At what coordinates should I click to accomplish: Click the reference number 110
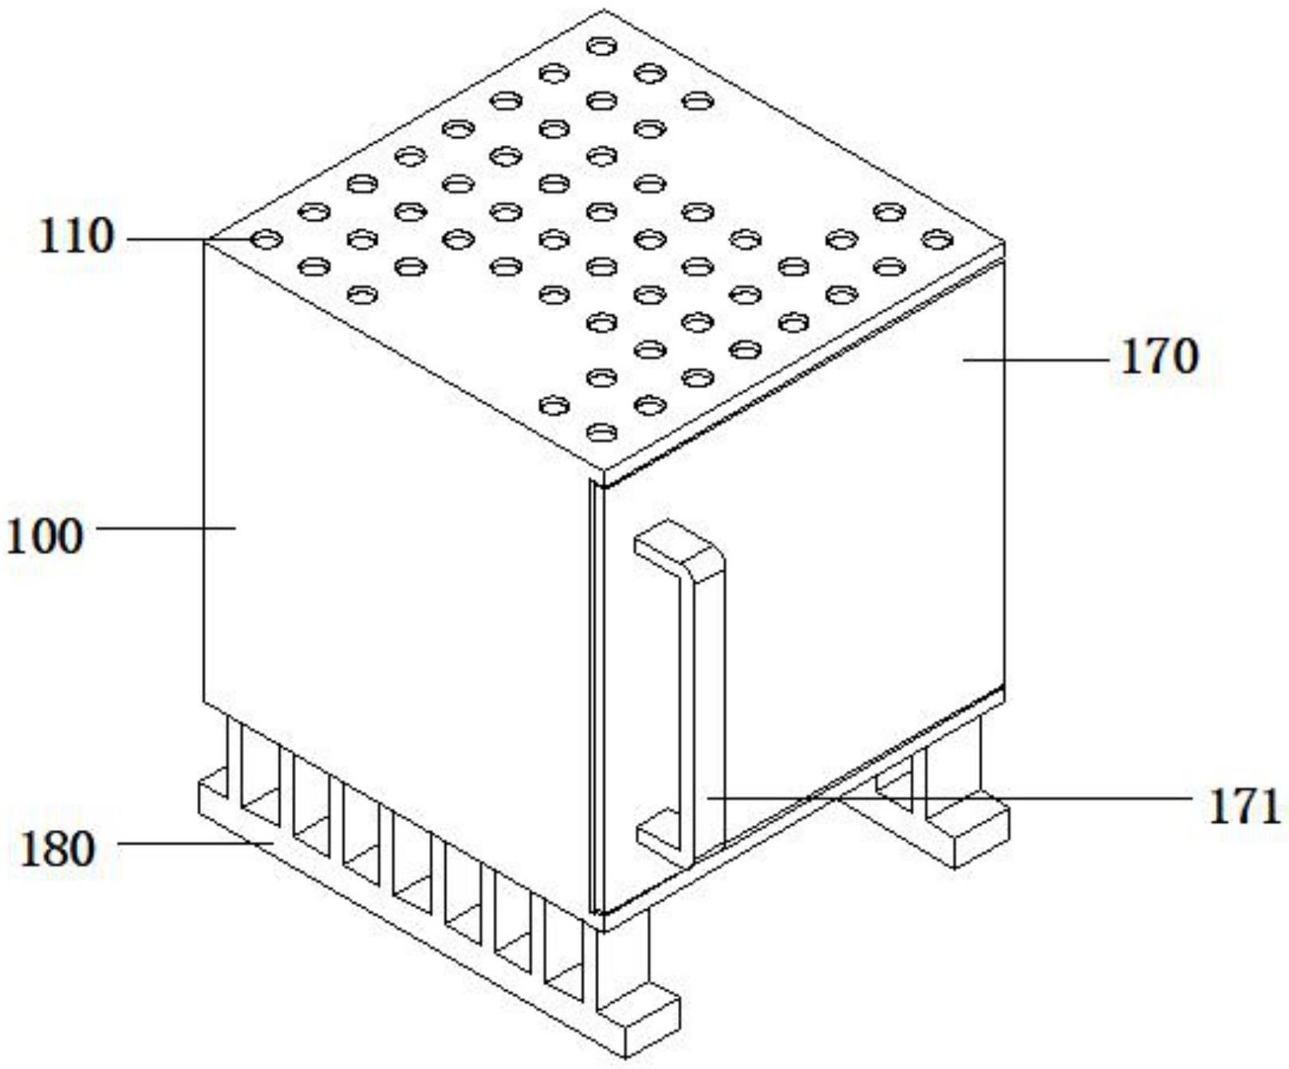tap(77, 237)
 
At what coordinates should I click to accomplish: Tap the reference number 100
tap(45, 536)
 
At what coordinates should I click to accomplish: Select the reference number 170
tap(1159, 356)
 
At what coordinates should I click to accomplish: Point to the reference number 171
tap(1244, 807)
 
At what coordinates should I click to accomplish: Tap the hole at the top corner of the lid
tap(601, 46)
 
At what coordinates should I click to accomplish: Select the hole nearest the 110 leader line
tap(266, 238)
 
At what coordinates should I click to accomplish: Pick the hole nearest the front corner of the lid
tap(601, 432)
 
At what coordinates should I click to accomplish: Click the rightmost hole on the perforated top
tap(937, 238)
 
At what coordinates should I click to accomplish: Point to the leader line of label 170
tap(1037, 360)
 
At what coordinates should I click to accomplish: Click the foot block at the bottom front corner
tap(638, 1020)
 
